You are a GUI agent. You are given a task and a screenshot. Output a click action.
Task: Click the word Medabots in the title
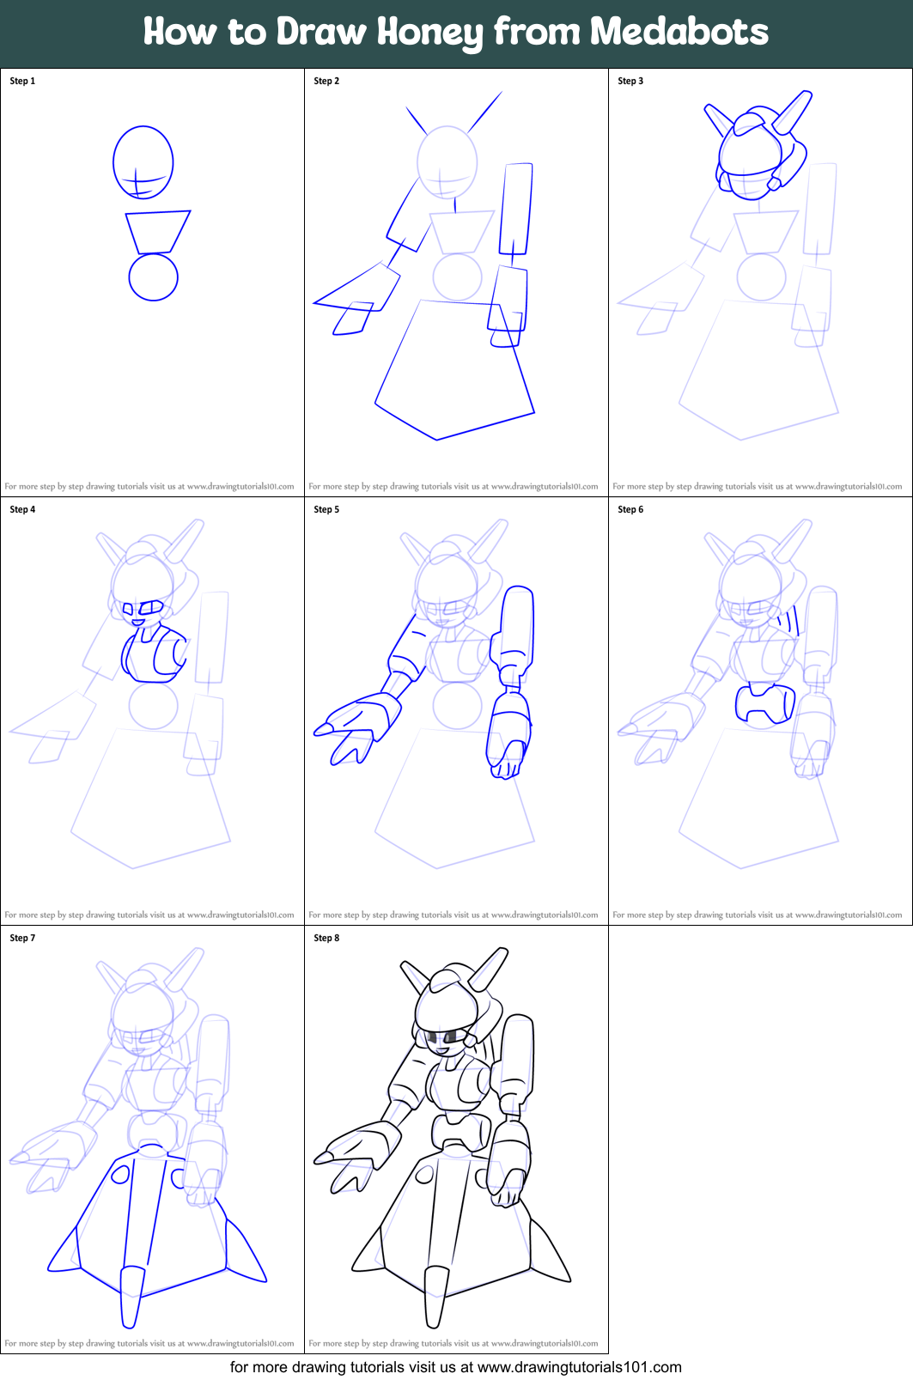click(x=679, y=32)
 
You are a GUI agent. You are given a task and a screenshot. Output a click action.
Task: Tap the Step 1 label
click(x=22, y=81)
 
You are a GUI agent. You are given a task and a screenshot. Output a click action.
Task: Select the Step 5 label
click(x=326, y=509)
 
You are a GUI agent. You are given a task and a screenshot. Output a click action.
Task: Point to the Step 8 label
click(x=326, y=938)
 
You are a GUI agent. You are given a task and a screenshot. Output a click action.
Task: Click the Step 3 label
click(x=630, y=81)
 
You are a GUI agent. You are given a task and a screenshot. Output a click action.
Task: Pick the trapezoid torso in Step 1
click(x=157, y=231)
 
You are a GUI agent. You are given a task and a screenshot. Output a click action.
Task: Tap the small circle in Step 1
click(x=153, y=277)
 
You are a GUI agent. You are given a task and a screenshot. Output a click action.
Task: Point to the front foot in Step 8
click(x=436, y=1297)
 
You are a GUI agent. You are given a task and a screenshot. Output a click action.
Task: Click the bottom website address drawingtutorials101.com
click(x=579, y=1367)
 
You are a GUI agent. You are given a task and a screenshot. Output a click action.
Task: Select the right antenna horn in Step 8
click(x=490, y=969)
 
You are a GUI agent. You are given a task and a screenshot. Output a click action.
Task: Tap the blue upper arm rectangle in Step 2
click(x=516, y=206)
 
